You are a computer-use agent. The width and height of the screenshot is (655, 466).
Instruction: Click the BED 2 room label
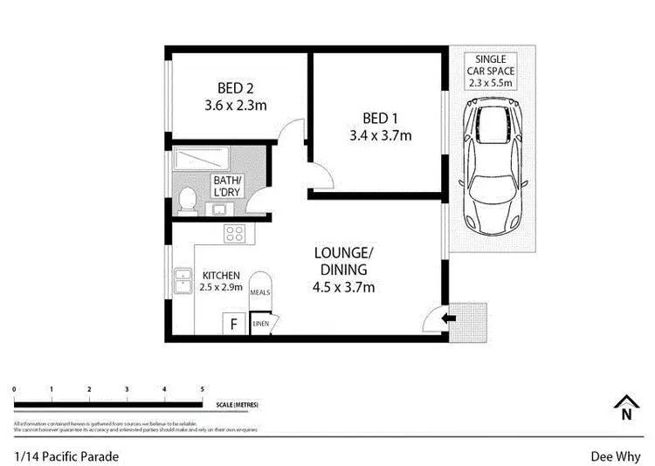pyautogui.click(x=235, y=87)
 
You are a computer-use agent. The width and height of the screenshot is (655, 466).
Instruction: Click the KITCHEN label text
pyautogui.click(x=220, y=274)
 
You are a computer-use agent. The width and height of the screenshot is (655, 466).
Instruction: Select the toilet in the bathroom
pyautogui.click(x=185, y=201)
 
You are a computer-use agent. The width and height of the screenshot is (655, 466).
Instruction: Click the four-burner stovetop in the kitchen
pyautogui.click(x=233, y=232)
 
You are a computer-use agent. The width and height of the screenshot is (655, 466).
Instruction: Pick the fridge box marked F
pyautogui.click(x=233, y=325)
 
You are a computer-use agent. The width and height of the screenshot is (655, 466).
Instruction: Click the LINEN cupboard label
pyautogui.click(x=260, y=325)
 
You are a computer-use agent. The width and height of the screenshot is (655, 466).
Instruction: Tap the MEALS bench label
pyautogui.click(x=260, y=293)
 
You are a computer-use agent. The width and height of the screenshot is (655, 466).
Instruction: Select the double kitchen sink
pyautogui.click(x=183, y=281)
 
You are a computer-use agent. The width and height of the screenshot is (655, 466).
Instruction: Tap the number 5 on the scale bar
pyautogui.click(x=203, y=389)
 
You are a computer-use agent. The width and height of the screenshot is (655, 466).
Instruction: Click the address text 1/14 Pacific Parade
pyautogui.click(x=66, y=456)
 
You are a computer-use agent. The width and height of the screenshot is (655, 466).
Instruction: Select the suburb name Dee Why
pyautogui.click(x=616, y=456)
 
